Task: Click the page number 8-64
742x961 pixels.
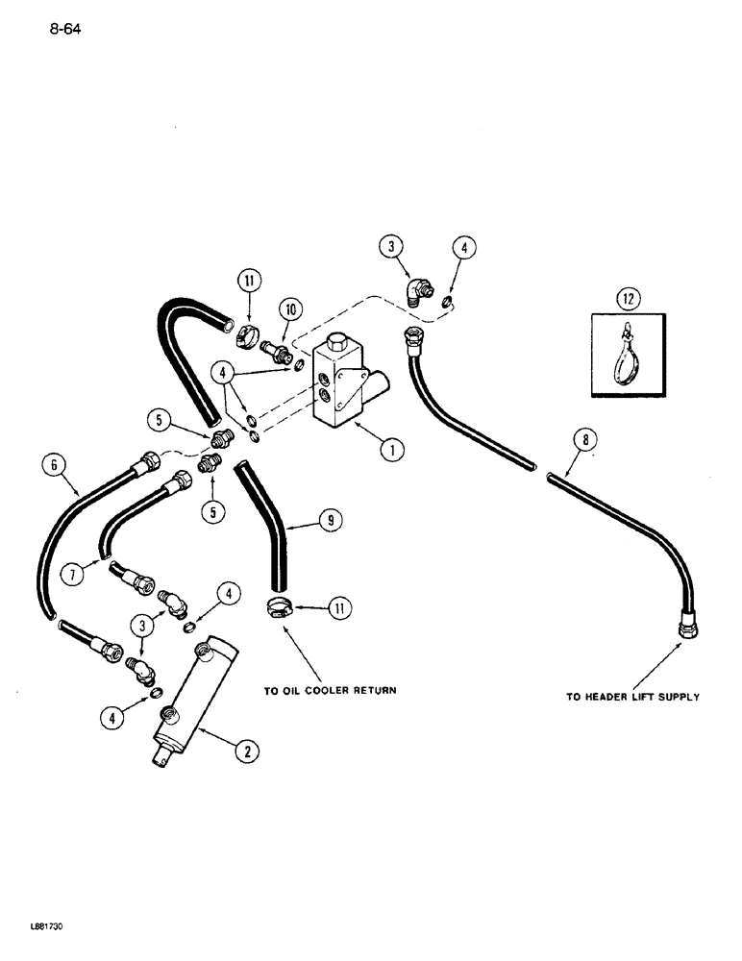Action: (x=60, y=29)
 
